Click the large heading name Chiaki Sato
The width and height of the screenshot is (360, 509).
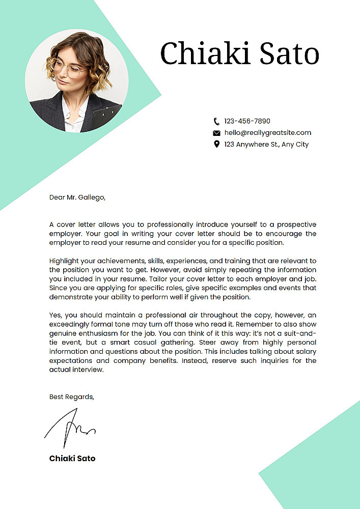(239, 53)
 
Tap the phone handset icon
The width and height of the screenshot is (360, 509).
(216, 121)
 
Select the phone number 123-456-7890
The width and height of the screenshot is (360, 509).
(247, 121)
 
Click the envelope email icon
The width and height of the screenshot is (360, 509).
(216, 133)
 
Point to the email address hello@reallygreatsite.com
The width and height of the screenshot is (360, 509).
(267, 133)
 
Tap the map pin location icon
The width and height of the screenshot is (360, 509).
(216, 145)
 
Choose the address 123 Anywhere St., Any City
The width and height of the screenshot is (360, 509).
(266, 145)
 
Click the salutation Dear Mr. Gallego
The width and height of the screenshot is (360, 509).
(77, 197)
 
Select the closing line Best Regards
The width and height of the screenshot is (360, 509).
(72, 397)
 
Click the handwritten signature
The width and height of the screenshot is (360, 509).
(70, 429)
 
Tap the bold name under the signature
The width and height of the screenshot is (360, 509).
(72, 458)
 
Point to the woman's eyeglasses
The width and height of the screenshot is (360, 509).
(67, 69)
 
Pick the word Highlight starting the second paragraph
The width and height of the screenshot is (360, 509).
(64, 261)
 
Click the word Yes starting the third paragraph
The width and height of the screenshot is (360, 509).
(56, 315)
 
